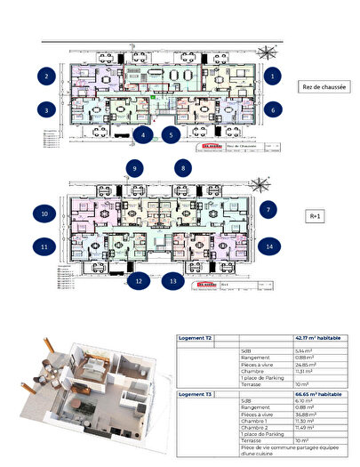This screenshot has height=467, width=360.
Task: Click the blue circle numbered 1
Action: (x=273, y=76)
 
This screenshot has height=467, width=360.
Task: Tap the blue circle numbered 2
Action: (x=44, y=76)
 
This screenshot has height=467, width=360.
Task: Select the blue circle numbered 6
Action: (x=273, y=109)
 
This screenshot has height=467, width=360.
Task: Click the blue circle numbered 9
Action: (x=135, y=167)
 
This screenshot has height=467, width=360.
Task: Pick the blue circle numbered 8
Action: (x=184, y=167)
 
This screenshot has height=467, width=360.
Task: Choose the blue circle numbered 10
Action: (x=44, y=213)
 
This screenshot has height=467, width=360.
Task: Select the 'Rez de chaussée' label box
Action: (x=324, y=87)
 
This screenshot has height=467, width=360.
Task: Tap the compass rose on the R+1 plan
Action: (x=260, y=185)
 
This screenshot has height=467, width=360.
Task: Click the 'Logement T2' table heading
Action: (x=197, y=339)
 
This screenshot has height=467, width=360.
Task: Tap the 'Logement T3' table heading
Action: (x=197, y=393)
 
